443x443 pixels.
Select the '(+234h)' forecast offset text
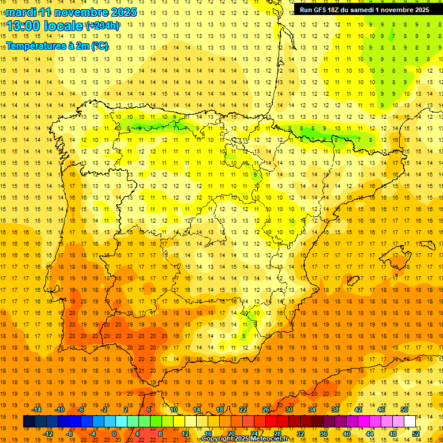(x=103, y=25)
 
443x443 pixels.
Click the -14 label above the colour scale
(x=36, y=410)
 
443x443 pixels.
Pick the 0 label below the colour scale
(x=114, y=434)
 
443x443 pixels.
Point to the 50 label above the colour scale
(x=404, y=410)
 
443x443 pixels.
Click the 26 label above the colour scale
(x=266, y=410)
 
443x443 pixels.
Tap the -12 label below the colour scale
(x=48, y=434)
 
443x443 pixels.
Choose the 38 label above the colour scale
(x=335, y=410)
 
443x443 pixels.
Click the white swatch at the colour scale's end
(x=410, y=422)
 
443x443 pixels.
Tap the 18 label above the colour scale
(x=220, y=410)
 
